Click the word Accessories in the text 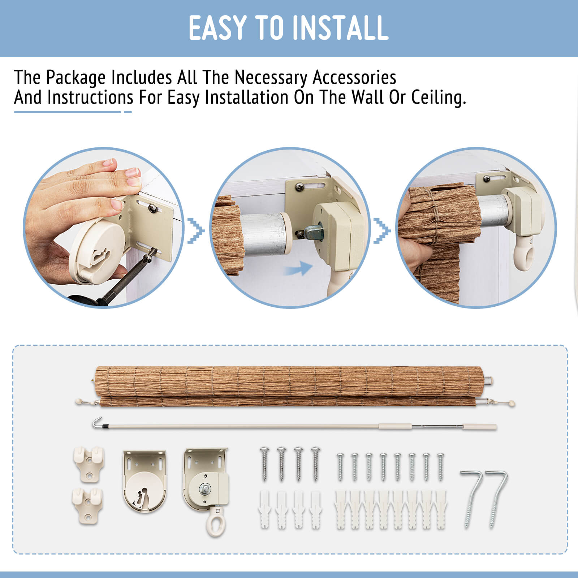[x=354, y=77]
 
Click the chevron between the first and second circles [x=196, y=230]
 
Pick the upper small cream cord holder [x=88, y=464]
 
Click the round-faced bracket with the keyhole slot [x=145, y=480]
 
